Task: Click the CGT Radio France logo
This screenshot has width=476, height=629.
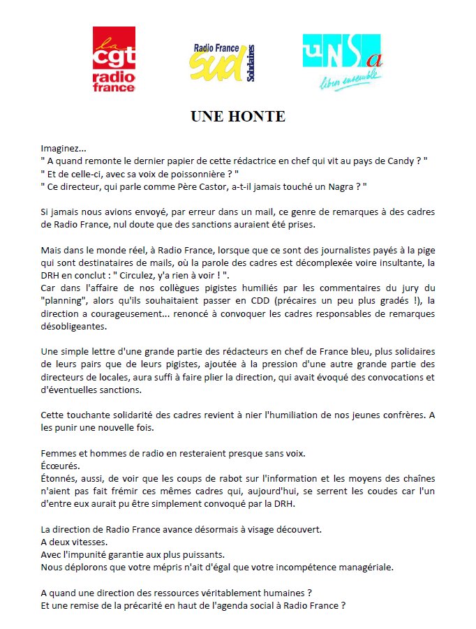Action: (114, 60)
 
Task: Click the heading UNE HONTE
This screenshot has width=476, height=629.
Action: (238, 117)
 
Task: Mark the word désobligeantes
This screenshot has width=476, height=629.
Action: (74, 327)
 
